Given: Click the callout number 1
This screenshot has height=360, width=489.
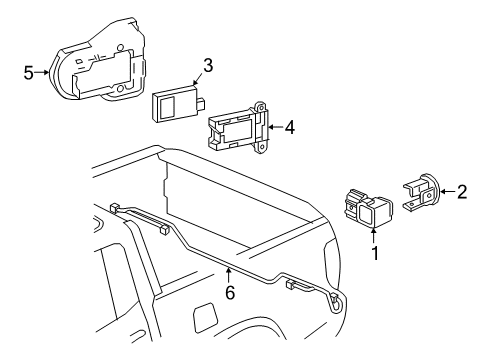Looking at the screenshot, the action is coord(375,253).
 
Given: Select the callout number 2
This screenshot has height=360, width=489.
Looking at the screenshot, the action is coord(462,192).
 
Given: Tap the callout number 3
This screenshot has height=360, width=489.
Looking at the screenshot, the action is coord(208,65).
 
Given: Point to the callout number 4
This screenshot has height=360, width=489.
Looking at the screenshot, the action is coord(290,127).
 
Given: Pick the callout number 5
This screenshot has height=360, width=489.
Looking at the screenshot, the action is coord(29,72).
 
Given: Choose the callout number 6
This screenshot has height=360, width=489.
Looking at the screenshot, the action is coord(230,293).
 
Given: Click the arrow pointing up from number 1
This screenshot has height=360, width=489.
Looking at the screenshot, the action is coord(374,235).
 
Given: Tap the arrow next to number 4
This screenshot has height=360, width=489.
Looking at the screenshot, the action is coord(275,127).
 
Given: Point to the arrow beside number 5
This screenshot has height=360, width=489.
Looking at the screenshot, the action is coord(43,72).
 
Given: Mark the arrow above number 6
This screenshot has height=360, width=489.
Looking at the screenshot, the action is coord(229,276).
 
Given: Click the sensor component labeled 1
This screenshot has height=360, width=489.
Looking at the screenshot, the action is coord(368,209).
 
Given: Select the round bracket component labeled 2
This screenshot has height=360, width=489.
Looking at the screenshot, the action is coord(422,193).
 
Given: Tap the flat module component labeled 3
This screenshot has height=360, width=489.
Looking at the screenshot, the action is coord(178,102).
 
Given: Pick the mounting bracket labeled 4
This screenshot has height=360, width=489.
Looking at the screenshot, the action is coord(238,128).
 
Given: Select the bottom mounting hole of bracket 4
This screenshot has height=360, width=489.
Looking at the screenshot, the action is coord(262,147).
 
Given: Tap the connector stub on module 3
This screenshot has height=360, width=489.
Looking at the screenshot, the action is coord(200,102).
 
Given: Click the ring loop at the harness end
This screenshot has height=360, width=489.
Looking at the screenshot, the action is coord(335,301).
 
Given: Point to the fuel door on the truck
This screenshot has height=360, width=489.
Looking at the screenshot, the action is coord(205,318).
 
